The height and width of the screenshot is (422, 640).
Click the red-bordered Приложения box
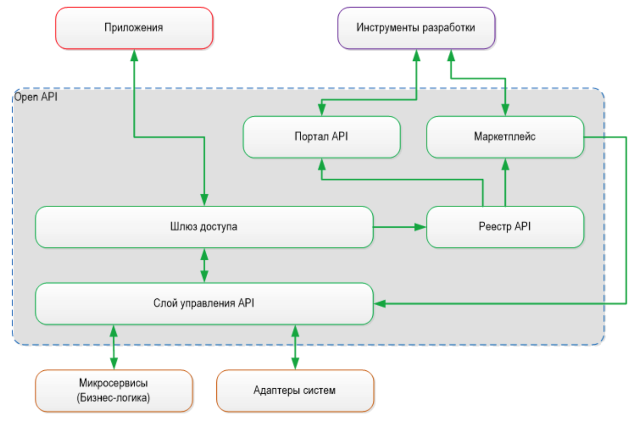134,28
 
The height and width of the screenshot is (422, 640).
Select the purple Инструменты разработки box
416,28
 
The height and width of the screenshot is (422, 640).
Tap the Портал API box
321,137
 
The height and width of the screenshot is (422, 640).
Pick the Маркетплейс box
505,137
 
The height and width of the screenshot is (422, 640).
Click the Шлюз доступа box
204,227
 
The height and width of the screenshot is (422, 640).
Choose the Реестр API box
505,227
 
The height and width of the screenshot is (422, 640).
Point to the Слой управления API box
204,303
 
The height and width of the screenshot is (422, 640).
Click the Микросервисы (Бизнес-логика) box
114,390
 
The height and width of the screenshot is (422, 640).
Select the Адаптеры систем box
295,390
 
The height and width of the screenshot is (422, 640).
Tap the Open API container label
36,97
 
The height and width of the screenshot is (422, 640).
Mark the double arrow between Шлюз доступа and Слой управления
204,265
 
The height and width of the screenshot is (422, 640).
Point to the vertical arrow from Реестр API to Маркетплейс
505,182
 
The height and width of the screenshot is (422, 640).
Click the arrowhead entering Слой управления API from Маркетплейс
379,304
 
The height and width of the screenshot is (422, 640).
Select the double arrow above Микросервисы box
114,347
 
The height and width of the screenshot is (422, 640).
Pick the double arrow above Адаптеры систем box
295,347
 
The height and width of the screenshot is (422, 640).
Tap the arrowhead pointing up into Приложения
134,55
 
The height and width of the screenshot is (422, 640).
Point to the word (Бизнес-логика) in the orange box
114,398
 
